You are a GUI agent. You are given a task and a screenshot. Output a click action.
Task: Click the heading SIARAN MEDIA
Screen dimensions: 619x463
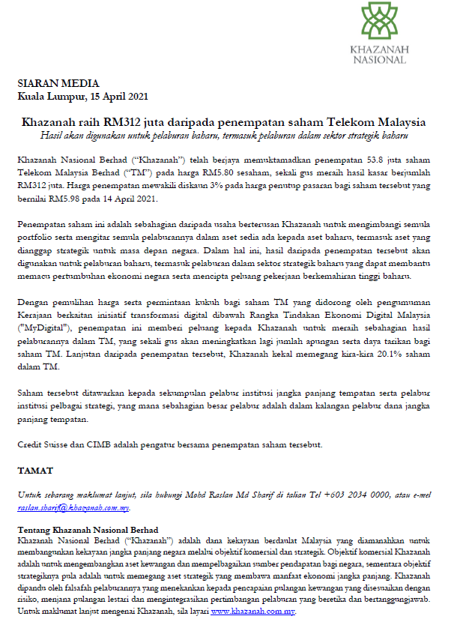tap(48, 83)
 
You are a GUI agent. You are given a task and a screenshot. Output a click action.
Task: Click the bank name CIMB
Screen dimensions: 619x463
tap(112, 444)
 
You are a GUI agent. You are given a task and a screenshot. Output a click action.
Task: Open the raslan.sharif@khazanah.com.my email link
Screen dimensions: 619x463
tap(73, 507)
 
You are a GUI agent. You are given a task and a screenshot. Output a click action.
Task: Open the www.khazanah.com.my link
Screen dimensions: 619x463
tap(252, 611)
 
